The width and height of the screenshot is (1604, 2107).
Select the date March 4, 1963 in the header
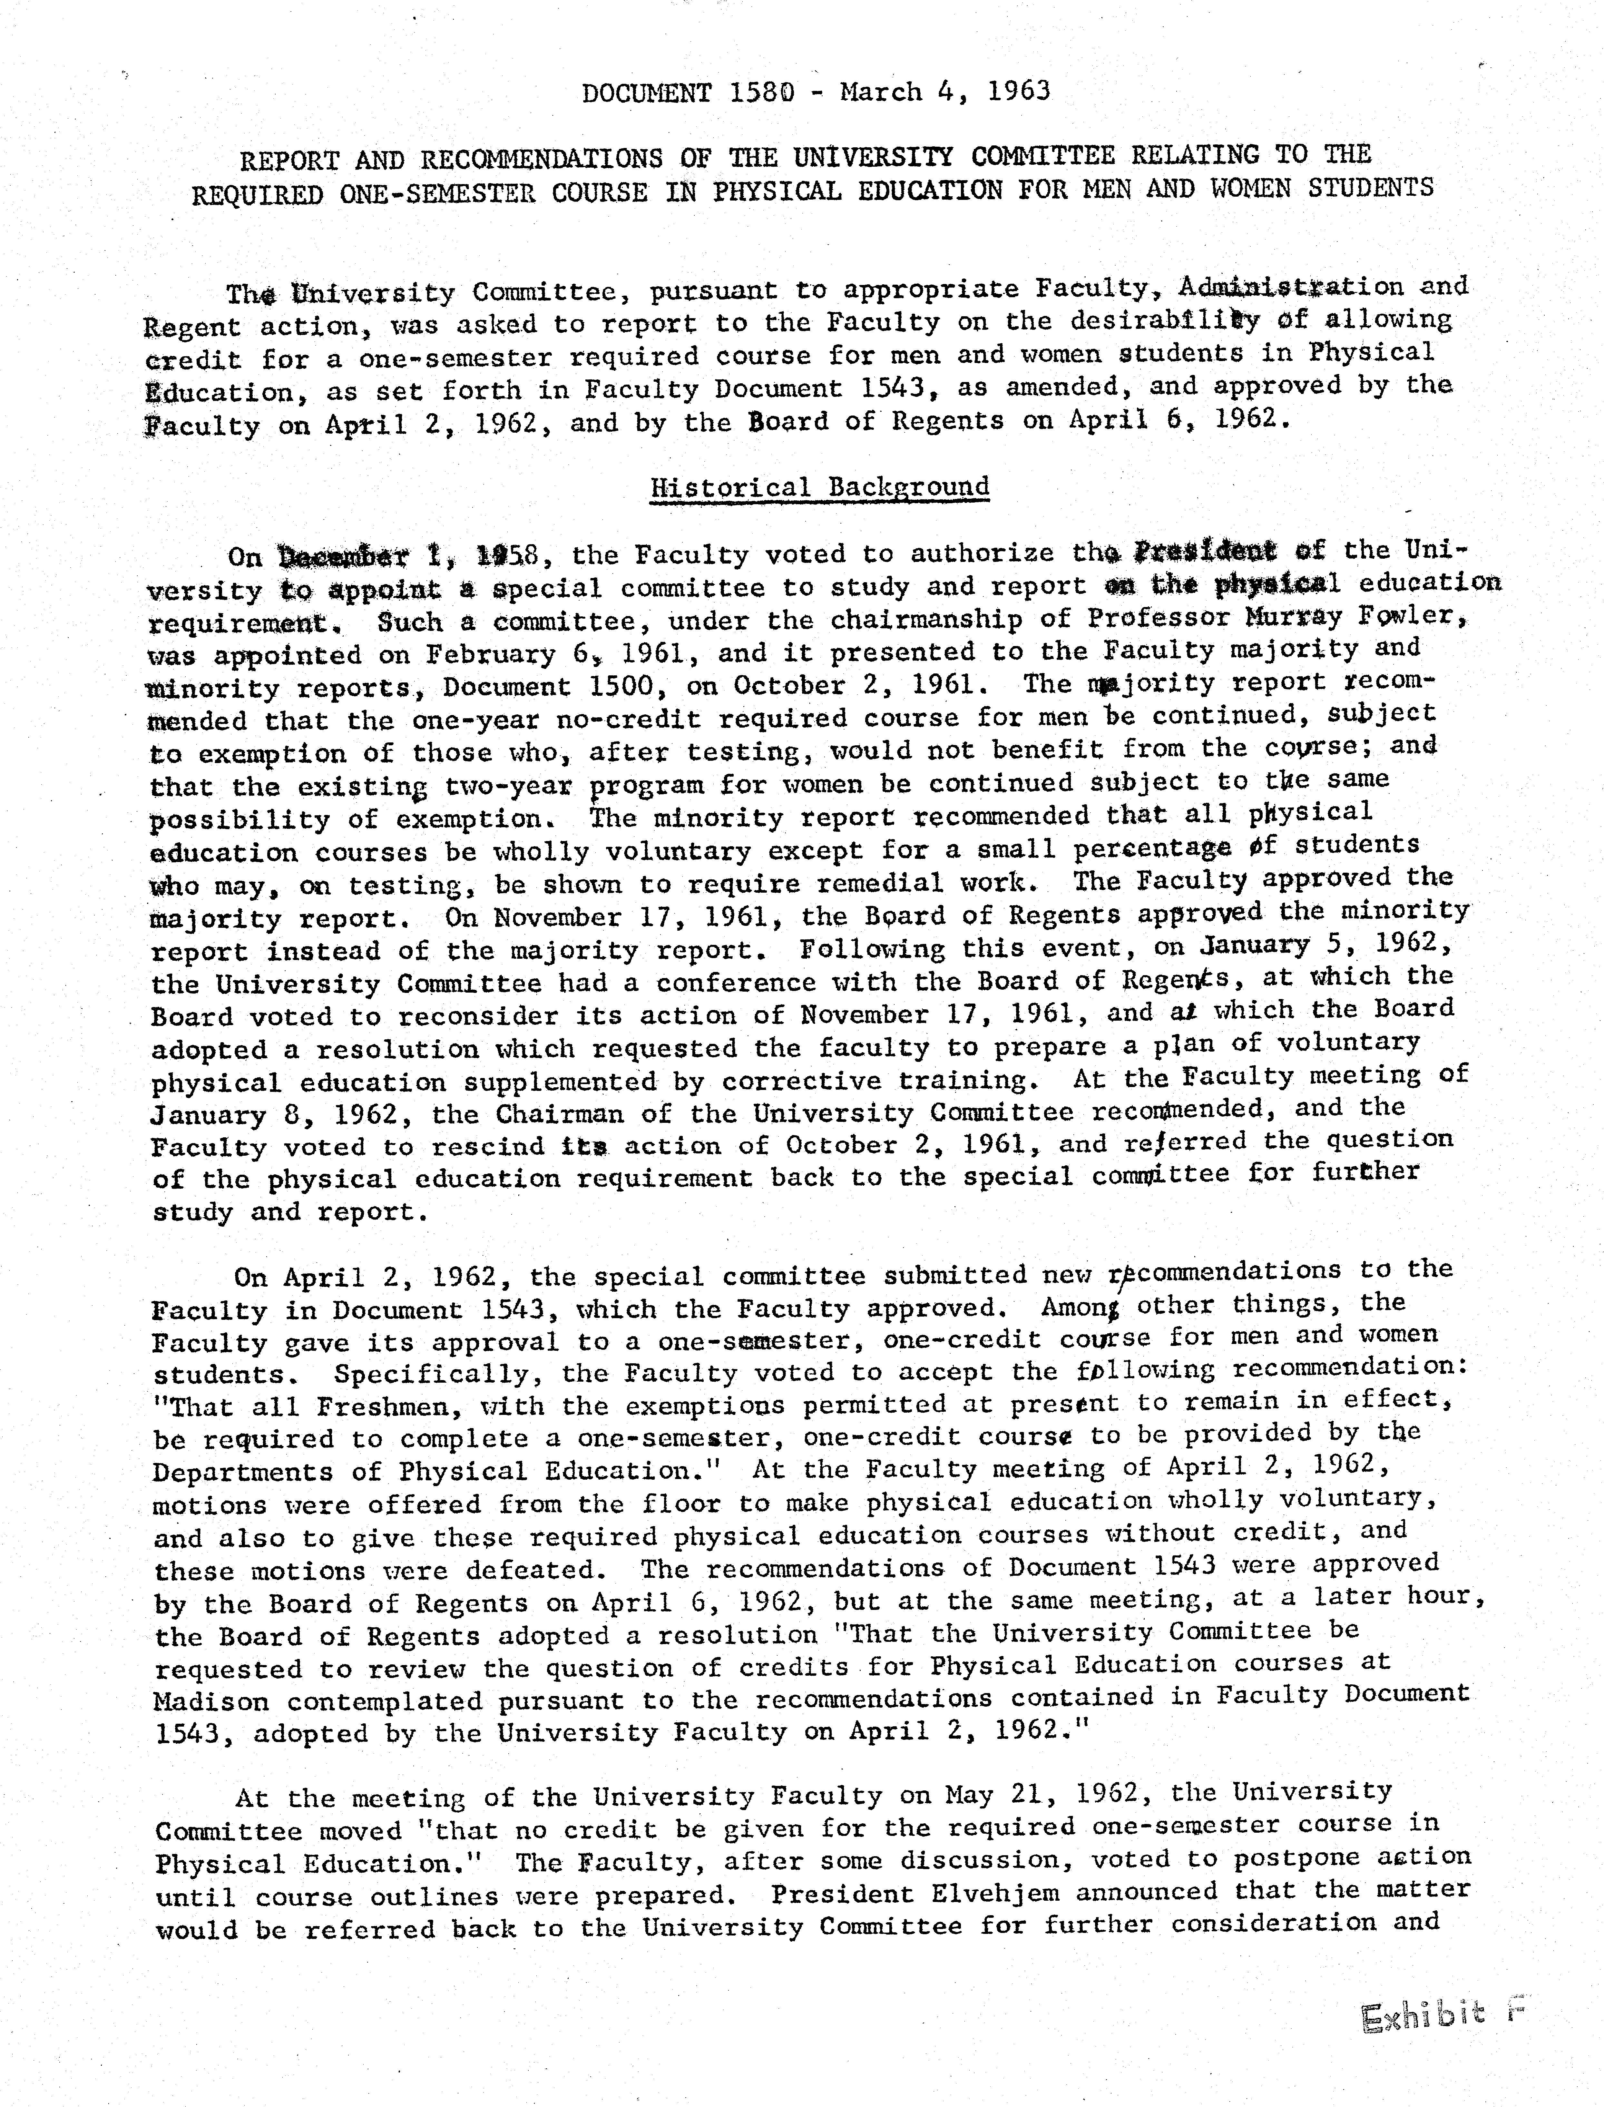(945, 92)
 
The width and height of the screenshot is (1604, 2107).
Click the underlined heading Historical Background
(819, 487)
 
